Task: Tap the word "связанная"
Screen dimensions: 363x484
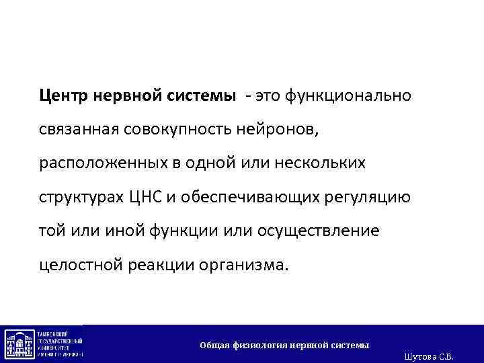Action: (x=79, y=129)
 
